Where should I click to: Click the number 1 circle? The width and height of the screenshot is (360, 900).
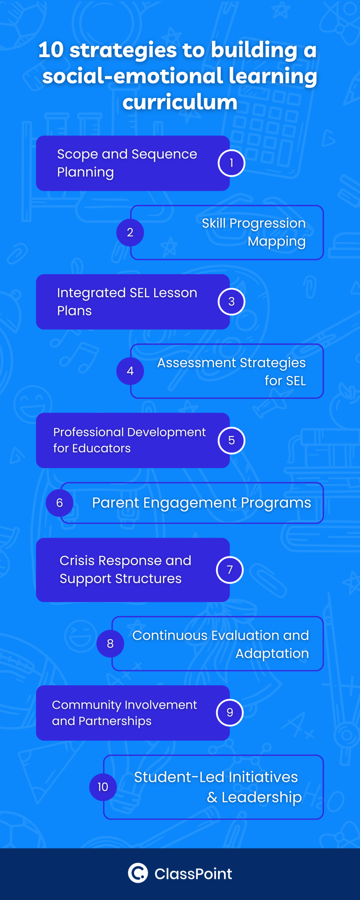(x=231, y=163)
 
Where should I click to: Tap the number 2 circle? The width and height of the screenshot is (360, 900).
(x=130, y=232)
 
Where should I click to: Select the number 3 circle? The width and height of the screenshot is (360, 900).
(x=231, y=302)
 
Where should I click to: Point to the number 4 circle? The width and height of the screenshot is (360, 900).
(x=130, y=371)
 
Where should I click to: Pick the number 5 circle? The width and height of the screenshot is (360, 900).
(x=231, y=441)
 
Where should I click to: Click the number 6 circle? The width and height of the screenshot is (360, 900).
(x=60, y=503)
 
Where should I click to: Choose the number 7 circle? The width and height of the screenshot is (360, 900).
(x=230, y=570)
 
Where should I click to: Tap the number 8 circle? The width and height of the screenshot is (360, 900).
(x=110, y=644)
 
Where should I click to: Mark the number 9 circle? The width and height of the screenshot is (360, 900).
(x=230, y=712)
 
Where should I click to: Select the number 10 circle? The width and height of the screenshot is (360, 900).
(x=103, y=787)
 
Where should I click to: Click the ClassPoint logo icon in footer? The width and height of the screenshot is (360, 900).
(x=138, y=873)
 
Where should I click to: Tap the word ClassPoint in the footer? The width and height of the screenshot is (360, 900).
(x=193, y=874)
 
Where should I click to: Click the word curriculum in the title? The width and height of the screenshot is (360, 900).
(x=180, y=102)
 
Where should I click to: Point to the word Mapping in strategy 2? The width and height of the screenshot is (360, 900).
(x=277, y=241)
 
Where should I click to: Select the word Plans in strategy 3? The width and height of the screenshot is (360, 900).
(x=74, y=311)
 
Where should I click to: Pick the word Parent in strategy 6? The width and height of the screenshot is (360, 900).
(x=115, y=503)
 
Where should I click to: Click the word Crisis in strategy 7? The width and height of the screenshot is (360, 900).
(x=77, y=561)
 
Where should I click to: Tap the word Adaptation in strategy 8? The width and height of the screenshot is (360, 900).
(x=272, y=653)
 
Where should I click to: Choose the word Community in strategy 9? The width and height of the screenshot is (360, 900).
(x=86, y=705)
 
